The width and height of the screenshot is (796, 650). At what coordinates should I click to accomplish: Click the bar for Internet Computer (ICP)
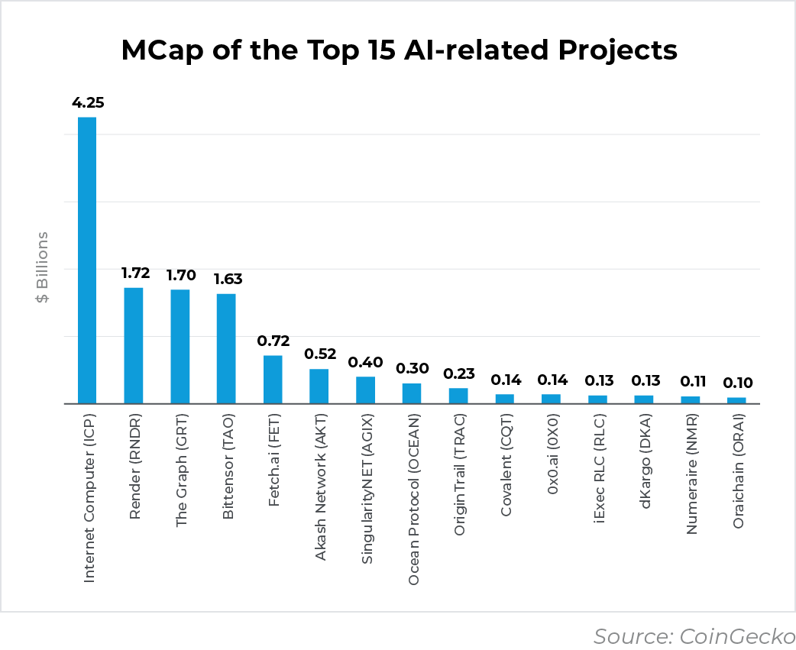[x=87, y=260]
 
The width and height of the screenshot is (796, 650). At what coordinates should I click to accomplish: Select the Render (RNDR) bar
[x=134, y=345]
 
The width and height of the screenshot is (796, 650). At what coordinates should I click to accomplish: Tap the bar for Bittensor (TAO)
[x=226, y=348]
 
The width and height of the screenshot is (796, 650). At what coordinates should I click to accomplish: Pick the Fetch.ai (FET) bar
[x=273, y=379]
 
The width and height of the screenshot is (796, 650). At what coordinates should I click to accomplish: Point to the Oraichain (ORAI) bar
[x=736, y=400]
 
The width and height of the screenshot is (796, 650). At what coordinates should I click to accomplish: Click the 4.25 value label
[x=88, y=102]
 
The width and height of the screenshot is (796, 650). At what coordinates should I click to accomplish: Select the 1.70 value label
[x=180, y=274]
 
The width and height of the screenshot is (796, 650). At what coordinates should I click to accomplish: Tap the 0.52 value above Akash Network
[x=319, y=354]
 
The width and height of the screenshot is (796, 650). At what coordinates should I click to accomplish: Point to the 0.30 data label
[x=412, y=368]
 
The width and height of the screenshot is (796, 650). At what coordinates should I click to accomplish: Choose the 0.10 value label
[x=736, y=383]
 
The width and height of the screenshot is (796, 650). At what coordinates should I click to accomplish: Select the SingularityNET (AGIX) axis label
[x=367, y=500]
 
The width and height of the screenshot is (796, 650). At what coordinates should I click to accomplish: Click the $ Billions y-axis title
[x=42, y=267]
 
